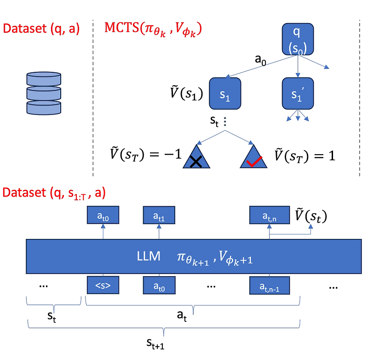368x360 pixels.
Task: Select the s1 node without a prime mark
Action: coord(225,93)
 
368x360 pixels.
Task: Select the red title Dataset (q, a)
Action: coord(41,29)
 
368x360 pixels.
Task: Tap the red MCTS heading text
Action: coord(154,29)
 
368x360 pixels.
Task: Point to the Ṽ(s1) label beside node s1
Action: coord(184,93)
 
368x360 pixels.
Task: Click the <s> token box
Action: coord(103,285)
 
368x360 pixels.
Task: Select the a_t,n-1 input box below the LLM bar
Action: coord(269,285)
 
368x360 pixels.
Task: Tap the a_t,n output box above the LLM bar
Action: coord(269,215)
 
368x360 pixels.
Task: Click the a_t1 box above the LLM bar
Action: coord(159,215)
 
